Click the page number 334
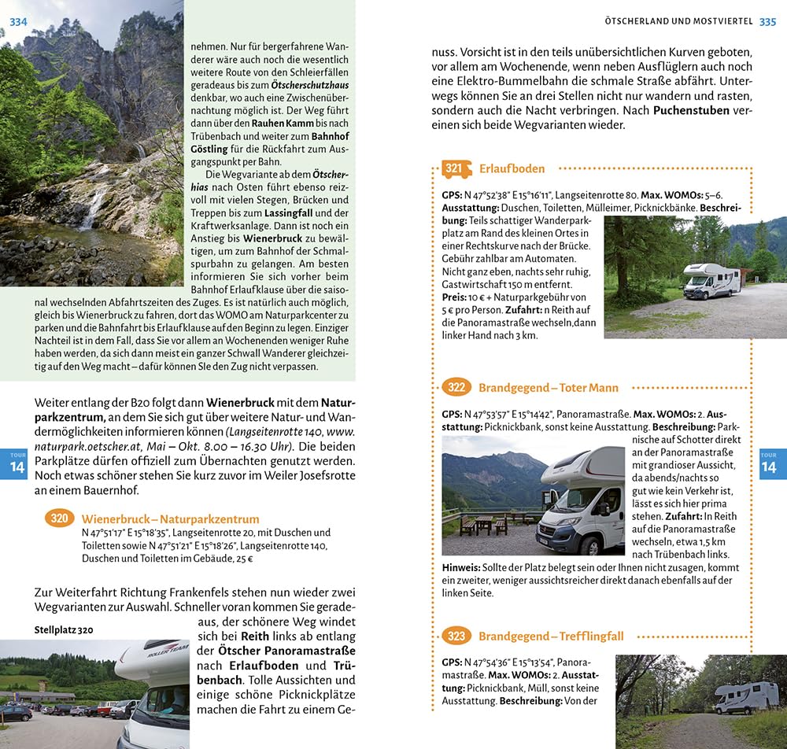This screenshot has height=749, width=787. point(18,21)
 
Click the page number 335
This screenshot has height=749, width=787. point(767,21)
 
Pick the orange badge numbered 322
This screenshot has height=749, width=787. point(456,387)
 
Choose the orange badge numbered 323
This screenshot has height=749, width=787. point(456,636)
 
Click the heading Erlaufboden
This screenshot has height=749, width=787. point(512,168)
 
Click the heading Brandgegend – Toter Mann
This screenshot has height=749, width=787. point(548,387)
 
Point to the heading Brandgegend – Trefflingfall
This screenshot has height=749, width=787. point(551,636)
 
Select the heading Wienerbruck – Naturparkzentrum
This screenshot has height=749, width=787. point(170,518)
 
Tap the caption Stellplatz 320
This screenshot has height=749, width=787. point(64,629)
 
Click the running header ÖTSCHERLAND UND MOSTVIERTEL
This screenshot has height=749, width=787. point(679,21)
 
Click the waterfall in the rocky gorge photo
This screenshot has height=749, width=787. point(93,208)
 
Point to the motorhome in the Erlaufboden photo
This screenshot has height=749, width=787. point(711,281)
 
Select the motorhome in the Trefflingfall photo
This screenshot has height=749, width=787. point(746,698)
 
